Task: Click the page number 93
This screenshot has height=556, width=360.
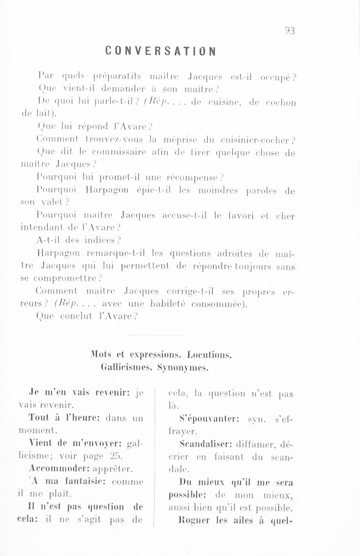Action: [x=290, y=31]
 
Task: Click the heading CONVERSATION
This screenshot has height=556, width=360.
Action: [x=160, y=51]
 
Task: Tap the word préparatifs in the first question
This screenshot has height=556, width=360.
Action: [x=117, y=77]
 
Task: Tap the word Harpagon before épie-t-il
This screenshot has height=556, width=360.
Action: [x=107, y=190]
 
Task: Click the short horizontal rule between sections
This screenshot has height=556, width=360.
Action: [x=154, y=336]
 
